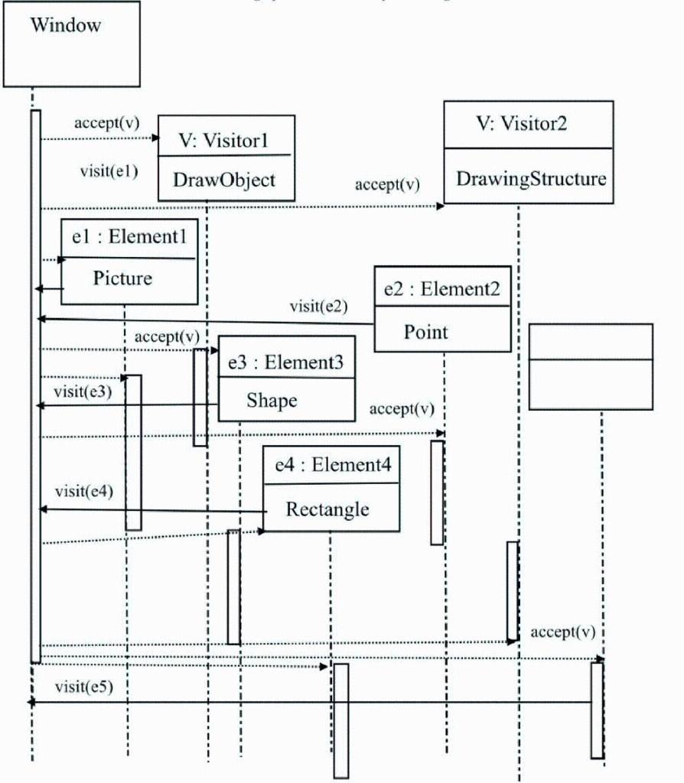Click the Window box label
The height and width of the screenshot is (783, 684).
point(66,25)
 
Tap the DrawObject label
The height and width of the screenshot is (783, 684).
point(224,180)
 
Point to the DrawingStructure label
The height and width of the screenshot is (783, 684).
point(531,179)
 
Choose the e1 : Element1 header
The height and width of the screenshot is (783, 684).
point(129,236)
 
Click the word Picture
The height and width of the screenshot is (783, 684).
point(122,278)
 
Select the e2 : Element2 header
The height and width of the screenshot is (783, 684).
point(442,288)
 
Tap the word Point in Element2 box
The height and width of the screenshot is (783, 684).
point(426,332)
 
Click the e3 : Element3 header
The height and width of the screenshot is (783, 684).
point(286,362)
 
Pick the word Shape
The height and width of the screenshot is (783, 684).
point(272,400)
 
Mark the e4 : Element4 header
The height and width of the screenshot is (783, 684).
point(331,466)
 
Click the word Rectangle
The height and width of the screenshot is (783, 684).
point(327,509)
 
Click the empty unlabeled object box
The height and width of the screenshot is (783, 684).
point(591,366)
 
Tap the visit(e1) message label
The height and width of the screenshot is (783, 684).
point(109,171)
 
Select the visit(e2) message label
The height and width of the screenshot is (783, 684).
point(318,307)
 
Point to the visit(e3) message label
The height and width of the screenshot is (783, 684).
point(83,391)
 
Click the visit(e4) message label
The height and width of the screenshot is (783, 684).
point(84,491)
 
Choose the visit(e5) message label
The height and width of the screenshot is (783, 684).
point(84,686)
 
